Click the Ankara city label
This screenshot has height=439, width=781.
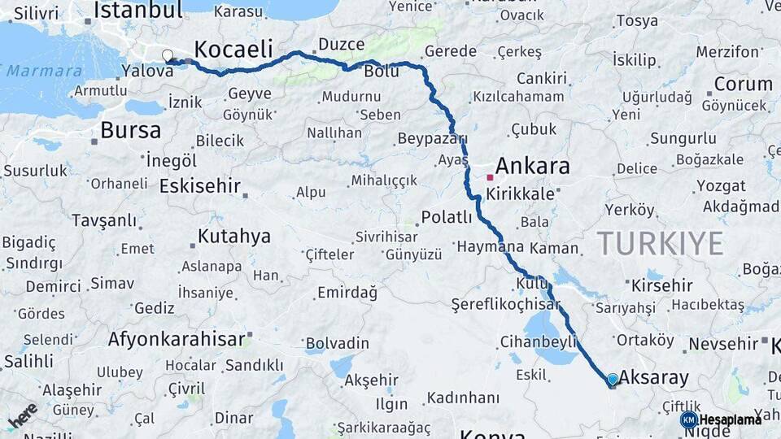coord(532,167)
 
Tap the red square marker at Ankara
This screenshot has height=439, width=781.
coord(490,176)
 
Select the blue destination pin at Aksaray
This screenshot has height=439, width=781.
coord(613,380)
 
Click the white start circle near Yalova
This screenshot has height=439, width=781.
coord(168,55)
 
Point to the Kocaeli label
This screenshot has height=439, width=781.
coord(233,49)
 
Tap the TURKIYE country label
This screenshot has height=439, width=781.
coord(660,243)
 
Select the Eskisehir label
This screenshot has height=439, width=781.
coord(200,186)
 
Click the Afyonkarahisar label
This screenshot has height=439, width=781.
coord(177,338)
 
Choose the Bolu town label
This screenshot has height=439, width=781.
coord(381,72)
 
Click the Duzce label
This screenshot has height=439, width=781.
coord(341,44)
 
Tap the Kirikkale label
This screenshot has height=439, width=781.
coord(520,195)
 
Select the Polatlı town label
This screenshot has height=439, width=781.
coord(447,218)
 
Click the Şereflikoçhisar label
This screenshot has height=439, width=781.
coord(505,305)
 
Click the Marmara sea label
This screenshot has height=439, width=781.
coord(45,71)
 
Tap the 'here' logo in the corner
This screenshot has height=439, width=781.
coord(23,415)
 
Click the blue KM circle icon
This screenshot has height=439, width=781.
coord(689,419)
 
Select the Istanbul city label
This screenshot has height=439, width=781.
coord(137,11)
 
